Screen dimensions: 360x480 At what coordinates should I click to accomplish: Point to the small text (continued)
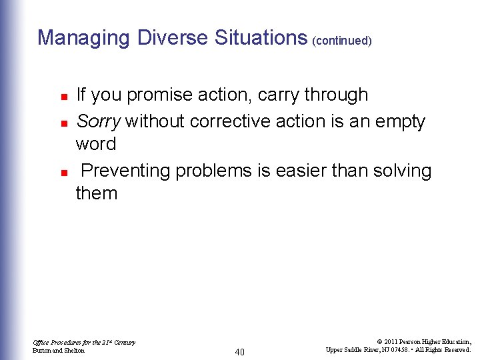click(x=341, y=41)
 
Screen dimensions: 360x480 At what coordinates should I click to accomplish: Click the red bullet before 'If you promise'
click(x=63, y=97)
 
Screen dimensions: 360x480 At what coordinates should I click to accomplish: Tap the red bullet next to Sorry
click(x=63, y=123)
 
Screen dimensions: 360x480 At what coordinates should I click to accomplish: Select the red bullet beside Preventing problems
click(x=63, y=172)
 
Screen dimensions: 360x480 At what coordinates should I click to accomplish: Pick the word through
click(x=336, y=95)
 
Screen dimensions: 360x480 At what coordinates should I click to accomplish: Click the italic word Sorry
click(x=98, y=121)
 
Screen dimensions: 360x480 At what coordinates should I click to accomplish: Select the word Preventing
click(x=126, y=171)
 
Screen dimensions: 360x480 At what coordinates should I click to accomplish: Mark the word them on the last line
click(x=97, y=194)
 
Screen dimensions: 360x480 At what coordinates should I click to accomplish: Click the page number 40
click(x=240, y=351)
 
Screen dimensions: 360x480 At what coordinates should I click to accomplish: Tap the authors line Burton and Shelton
click(x=59, y=351)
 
